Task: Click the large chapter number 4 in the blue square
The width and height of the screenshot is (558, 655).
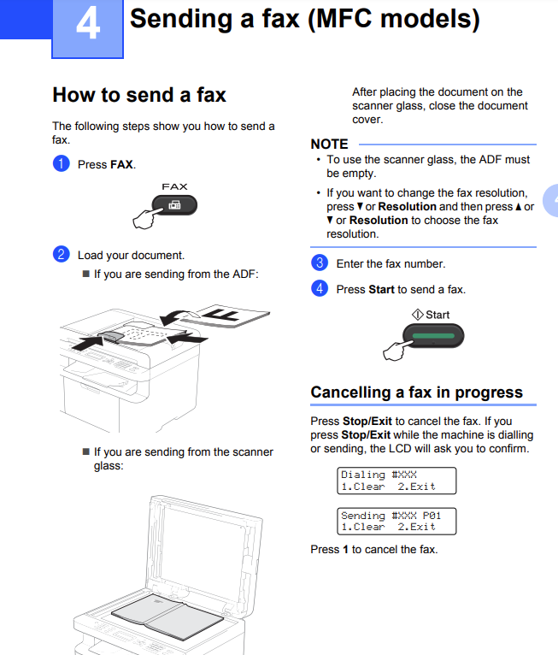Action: [88, 24]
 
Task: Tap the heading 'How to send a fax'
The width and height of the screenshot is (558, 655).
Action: [139, 95]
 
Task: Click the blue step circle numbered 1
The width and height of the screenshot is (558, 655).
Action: [61, 163]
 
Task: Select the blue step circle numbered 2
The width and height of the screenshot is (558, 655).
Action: [61, 254]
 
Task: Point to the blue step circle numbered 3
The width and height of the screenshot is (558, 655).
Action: [320, 263]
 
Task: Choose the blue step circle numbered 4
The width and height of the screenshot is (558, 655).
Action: [320, 288]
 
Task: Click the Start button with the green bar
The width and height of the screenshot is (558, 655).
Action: [433, 336]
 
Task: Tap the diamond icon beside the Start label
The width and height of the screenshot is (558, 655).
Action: [417, 315]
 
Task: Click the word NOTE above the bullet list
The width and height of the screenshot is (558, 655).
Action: [329, 145]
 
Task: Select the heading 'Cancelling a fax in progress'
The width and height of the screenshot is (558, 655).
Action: [416, 392]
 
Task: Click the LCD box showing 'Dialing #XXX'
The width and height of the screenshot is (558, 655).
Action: [396, 481]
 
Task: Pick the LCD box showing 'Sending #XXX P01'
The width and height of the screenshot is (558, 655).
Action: [396, 522]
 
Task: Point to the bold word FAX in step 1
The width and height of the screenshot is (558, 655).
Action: [122, 164]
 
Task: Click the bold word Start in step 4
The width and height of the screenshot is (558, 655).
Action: [381, 290]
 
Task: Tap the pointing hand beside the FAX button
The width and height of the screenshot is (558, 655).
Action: [144, 218]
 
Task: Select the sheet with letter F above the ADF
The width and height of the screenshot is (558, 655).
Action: [226, 316]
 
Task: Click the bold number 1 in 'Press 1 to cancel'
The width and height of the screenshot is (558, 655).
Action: [345, 549]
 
